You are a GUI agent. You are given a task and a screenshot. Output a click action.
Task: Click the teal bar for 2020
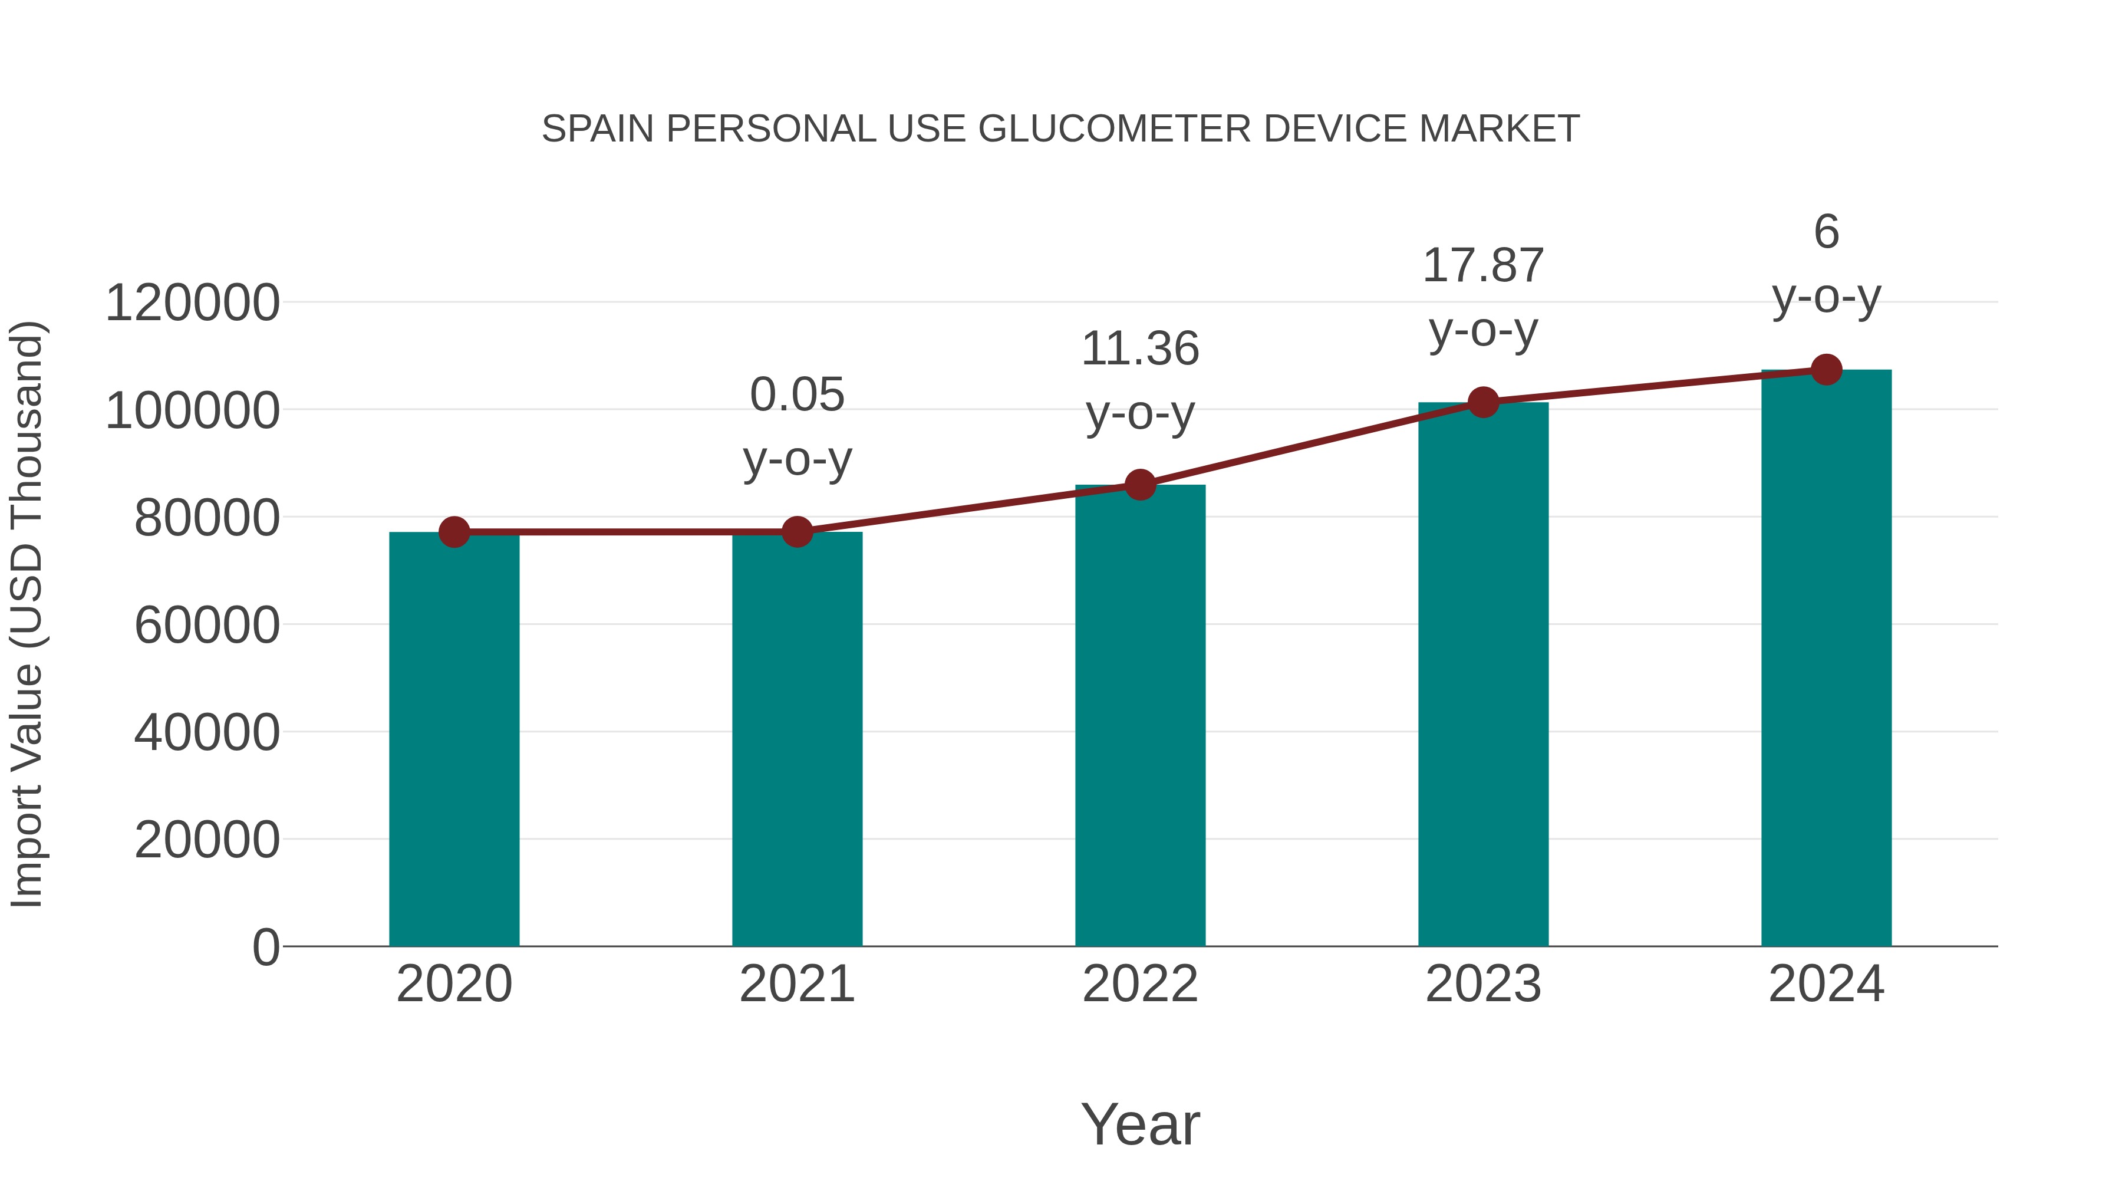click(x=454, y=742)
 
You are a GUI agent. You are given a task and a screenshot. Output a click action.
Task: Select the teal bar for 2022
click(x=1140, y=717)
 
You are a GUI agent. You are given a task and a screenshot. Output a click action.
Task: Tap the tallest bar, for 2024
click(x=1826, y=659)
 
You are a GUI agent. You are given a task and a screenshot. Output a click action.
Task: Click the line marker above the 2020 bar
click(x=454, y=532)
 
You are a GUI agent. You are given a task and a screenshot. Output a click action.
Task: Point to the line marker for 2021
click(x=796, y=532)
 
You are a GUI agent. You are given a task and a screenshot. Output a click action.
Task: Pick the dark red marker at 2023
click(x=1483, y=402)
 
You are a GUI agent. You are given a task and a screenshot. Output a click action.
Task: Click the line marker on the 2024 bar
click(x=1826, y=370)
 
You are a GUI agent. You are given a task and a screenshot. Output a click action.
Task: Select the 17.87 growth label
click(x=1483, y=265)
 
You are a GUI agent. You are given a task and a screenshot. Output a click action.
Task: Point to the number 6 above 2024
click(x=1826, y=232)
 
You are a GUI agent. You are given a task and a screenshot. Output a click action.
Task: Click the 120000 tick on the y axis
click(x=192, y=302)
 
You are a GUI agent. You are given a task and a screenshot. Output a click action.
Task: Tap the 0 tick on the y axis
click(x=265, y=947)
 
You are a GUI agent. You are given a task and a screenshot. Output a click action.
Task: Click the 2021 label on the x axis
click(x=796, y=984)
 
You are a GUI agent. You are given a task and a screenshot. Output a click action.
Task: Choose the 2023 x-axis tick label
click(x=1483, y=984)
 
